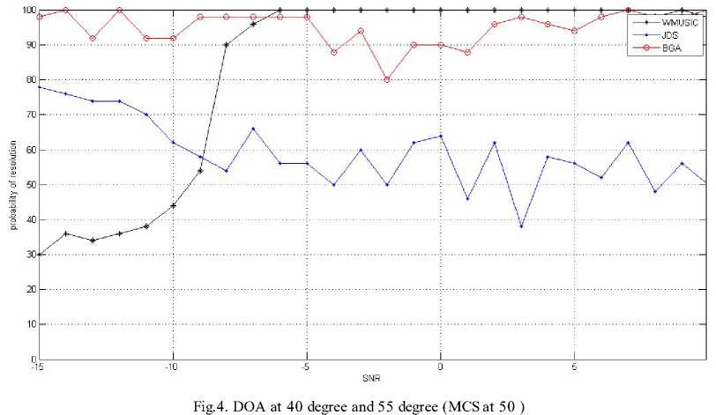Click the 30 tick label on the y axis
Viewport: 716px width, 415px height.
pyautogui.click(x=27, y=255)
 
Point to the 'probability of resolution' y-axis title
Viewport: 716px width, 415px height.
pyautogui.click(x=12, y=184)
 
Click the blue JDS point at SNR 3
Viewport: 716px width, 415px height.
pyautogui.click(x=520, y=226)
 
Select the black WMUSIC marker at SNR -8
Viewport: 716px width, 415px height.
pyautogui.click(x=226, y=45)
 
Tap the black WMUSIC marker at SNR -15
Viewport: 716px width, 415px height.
pyautogui.click(x=38, y=255)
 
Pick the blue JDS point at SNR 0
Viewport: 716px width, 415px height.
pyautogui.click(x=440, y=136)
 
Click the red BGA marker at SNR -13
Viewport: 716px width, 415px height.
pyautogui.click(x=92, y=38)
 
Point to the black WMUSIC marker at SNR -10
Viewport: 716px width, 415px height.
pyautogui.click(x=172, y=205)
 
